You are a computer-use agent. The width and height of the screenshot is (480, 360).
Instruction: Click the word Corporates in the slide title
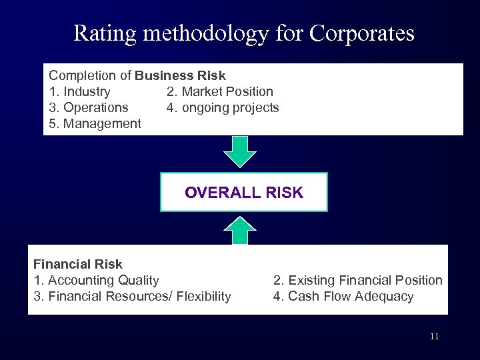(362, 33)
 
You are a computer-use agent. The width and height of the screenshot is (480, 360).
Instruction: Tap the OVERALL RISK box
(243, 193)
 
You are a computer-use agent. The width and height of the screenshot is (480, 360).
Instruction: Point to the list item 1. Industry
(79, 91)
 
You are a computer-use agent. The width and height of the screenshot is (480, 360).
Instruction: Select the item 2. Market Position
(219, 91)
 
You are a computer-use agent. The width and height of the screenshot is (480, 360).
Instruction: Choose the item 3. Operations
(88, 107)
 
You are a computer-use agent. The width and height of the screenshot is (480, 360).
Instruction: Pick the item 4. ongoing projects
(222, 107)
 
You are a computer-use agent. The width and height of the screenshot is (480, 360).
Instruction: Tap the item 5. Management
(95, 123)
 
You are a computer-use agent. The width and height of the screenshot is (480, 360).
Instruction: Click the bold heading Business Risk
(180, 75)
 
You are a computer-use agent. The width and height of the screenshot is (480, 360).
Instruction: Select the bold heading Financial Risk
(78, 264)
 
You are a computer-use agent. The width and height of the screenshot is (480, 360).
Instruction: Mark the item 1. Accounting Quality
(96, 280)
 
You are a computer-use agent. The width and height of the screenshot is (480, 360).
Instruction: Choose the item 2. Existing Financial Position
(357, 280)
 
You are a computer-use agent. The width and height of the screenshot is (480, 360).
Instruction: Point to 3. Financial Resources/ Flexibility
(132, 296)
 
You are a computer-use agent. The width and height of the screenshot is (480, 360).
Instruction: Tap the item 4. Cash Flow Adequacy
(343, 296)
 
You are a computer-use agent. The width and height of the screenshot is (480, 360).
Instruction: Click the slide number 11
(434, 337)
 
